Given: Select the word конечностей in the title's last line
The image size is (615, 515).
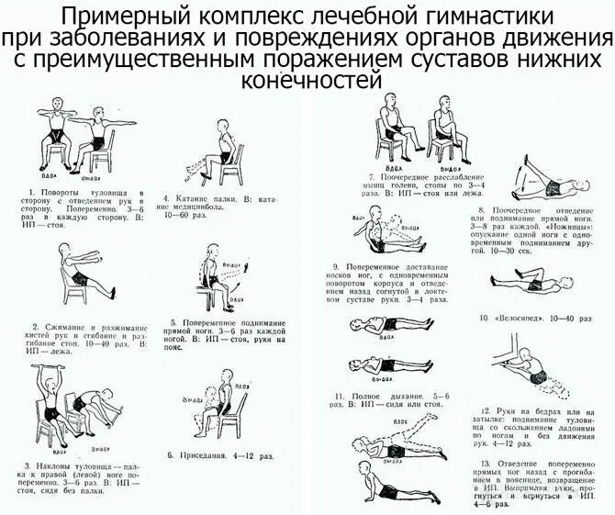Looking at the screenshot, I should coord(307,82).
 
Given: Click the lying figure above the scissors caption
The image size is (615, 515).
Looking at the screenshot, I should coord(542,182).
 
